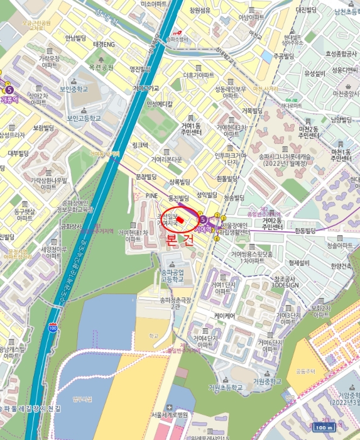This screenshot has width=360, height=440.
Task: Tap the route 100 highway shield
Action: pyautogui.click(x=52, y=328)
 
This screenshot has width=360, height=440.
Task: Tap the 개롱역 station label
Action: pyautogui.click(x=11, y=99)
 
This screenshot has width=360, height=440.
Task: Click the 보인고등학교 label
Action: pyautogui.click(x=84, y=118)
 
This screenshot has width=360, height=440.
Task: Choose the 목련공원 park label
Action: pyautogui.click(x=101, y=67)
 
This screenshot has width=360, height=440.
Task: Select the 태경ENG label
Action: pyautogui.click(x=104, y=45)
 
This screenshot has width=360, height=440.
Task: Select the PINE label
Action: pyautogui.click(x=151, y=195)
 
